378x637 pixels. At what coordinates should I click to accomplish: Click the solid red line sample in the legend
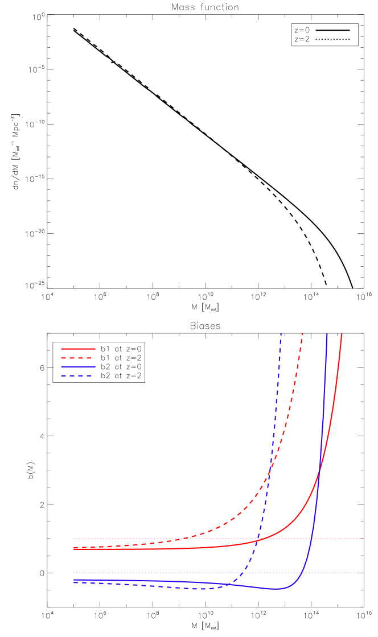[x=78, y=349]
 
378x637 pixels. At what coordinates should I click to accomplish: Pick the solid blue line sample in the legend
[x=78, y=367]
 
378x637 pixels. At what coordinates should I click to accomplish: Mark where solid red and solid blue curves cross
[x=319, y=470]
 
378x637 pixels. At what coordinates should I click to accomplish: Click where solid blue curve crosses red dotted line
[x=312, y=538]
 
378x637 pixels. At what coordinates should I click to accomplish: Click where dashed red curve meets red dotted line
[x=176, y=539]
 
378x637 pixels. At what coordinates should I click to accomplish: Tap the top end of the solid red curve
[x=342, y=334]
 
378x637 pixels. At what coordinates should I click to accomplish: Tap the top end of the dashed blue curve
[x=281, y=334]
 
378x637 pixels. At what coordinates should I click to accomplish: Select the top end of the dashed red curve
[x=303, y=334]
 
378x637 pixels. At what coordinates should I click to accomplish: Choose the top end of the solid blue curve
[x=327, y=334]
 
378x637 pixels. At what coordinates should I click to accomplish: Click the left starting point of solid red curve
[x=74, y=549]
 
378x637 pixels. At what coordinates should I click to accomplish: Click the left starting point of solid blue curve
[x=74, y=580]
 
